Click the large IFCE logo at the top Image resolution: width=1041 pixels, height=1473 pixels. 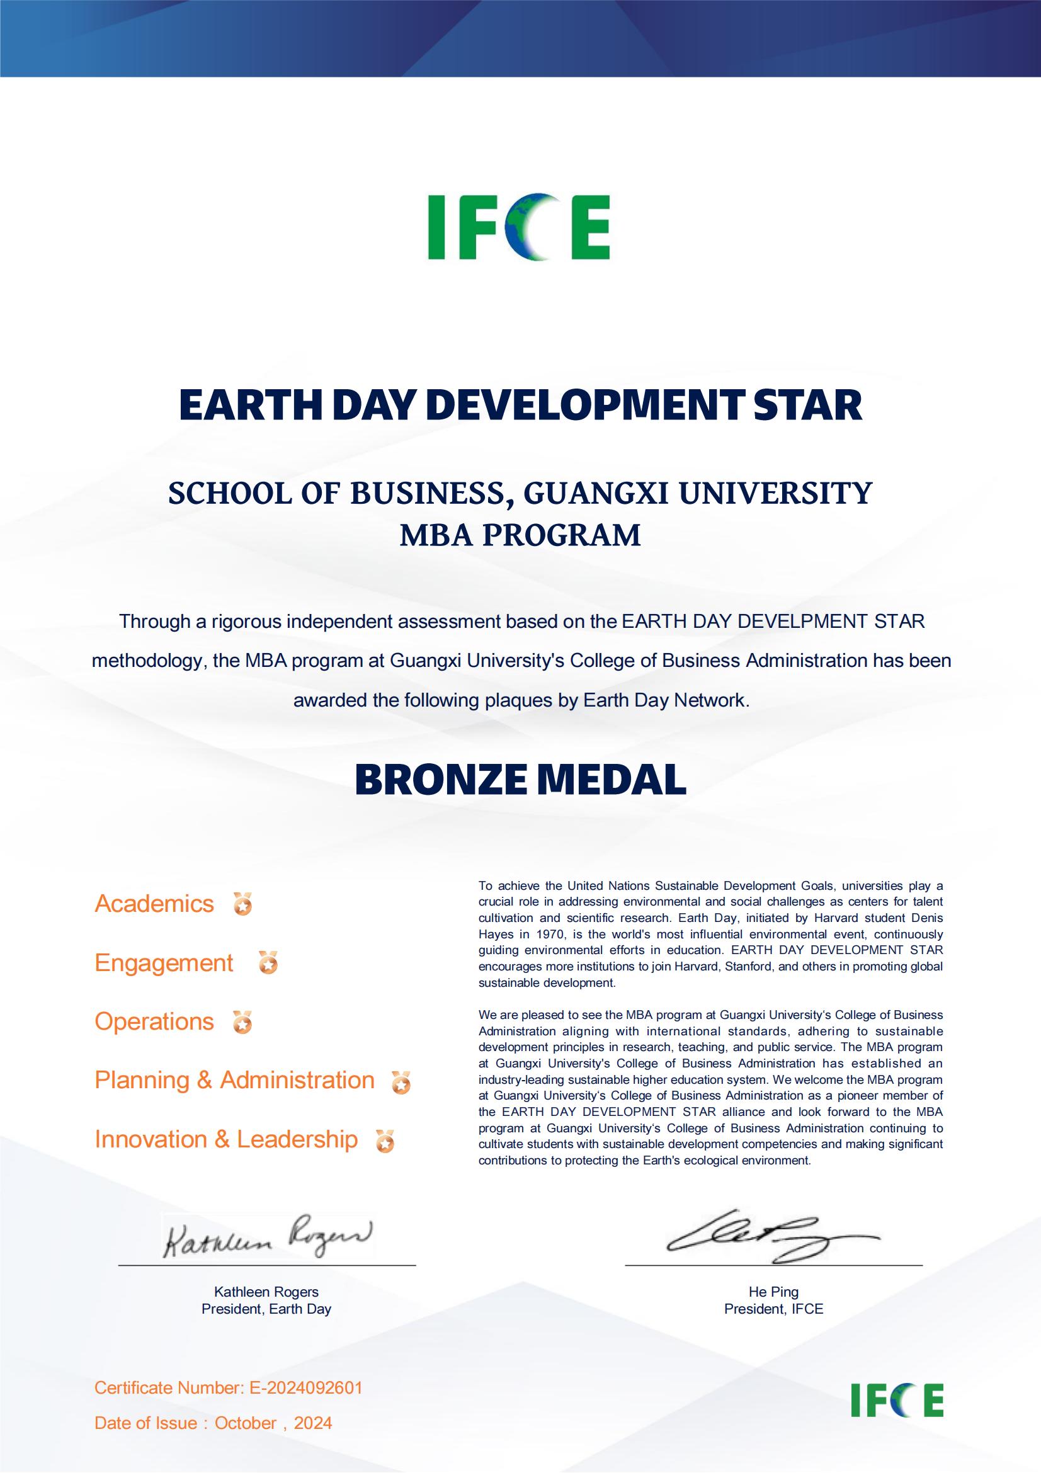click(x=519, y=227)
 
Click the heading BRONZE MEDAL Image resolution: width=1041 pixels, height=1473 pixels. click(x=520, y=780)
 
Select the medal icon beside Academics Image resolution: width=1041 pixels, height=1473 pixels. click(x=242, y=904)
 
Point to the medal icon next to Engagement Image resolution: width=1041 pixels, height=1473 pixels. click(x=268, y=964)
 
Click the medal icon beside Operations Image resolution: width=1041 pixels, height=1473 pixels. click(x=242, y=1023)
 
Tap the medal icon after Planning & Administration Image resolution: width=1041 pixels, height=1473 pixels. click(x=402, y=1083)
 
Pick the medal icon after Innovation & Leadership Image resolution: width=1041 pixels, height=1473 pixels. click(x=385, y=1141)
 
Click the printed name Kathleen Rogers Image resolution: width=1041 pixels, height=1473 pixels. click(x=266, y=1292)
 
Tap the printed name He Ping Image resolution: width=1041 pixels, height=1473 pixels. click(x=773, y=1292)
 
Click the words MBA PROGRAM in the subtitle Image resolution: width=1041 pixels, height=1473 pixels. click(x=520, y=535)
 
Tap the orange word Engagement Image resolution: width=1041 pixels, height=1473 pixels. click(x=164, y=963)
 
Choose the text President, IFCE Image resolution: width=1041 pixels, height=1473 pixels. click(x=773, y=1309)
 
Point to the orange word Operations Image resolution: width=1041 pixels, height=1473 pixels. click(x=154, y=1021)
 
